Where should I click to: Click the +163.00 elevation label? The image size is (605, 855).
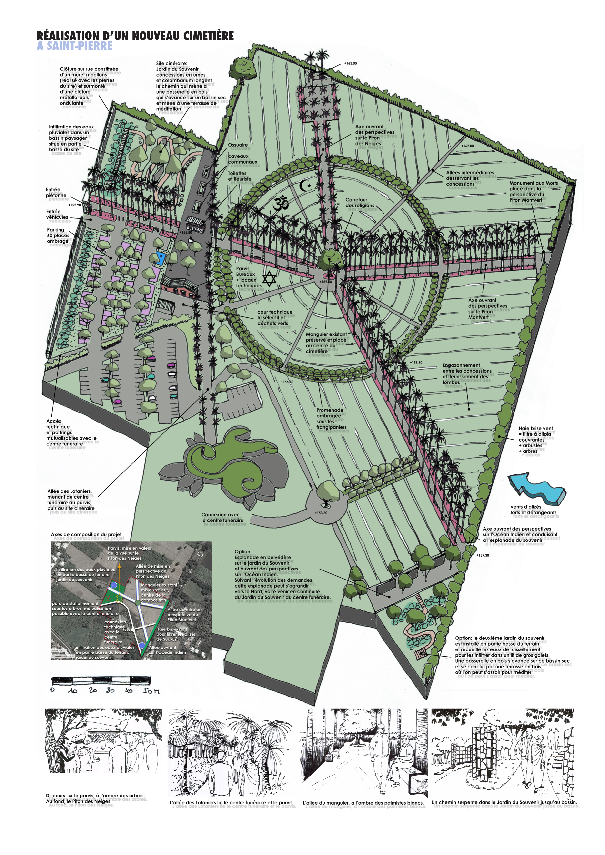tap(350, 63)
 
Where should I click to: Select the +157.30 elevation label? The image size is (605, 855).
tap(483, 555)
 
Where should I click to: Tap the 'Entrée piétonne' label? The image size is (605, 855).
tap(56, 193)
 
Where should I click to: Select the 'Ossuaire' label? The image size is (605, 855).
tap(238, 145)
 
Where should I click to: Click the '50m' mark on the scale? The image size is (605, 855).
tap(151, 691)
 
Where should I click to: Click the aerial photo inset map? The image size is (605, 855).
tap(131, 601)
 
